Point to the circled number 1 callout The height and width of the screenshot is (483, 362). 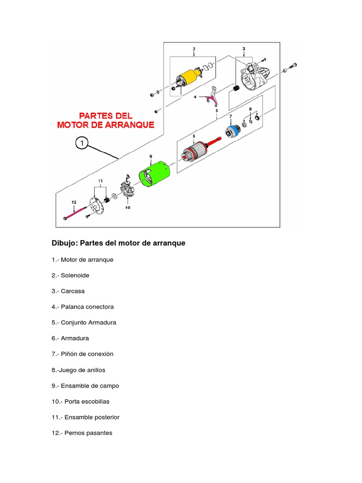[82, 143]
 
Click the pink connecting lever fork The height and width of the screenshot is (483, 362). [210, 98]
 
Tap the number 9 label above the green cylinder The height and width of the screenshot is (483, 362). [150, 156]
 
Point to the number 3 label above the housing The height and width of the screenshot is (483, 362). [244, 49]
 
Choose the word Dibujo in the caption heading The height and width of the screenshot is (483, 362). [65, 243]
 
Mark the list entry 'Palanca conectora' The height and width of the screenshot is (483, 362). [87, 307]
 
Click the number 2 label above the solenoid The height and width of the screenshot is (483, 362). [194, 49]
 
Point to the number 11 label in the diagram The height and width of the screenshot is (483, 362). [100, 181]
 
